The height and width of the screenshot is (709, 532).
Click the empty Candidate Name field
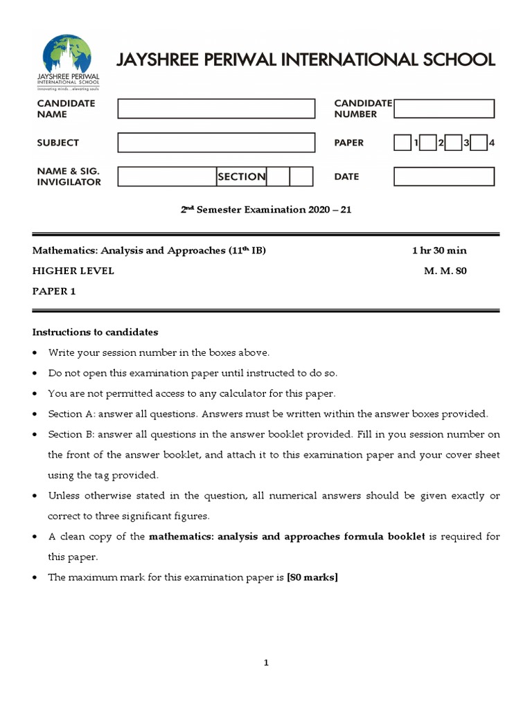tap(215, 109)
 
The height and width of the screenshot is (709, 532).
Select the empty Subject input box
tap(215, 143)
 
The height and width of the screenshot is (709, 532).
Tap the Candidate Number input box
tap(444, 109)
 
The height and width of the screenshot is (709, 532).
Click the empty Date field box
tap(444, 177)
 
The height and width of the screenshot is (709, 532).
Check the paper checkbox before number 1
tap(402, 143)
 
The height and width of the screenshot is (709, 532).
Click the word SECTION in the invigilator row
tap(241, 177)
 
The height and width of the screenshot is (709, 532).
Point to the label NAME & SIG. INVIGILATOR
tap(69, 177)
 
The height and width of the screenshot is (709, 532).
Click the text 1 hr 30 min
tap(439, 251)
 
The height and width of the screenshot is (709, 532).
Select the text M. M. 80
tap(445, 271)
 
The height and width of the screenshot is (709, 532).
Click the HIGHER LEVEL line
tap(73, 271)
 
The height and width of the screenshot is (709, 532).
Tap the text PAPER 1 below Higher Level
tap(54, 291)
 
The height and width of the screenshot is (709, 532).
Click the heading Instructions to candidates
tap(96, 332)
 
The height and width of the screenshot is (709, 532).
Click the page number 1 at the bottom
tap(266, 663)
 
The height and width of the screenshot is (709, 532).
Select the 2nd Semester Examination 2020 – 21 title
tap(266, 210)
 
